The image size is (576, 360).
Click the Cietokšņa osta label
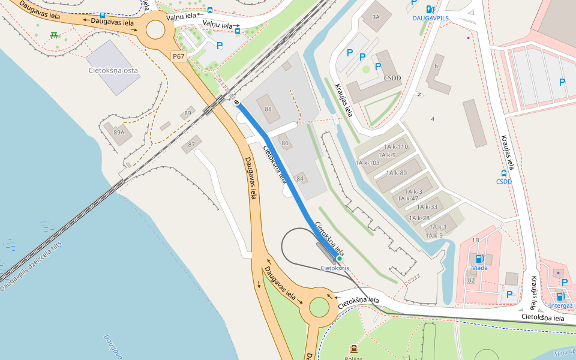[x=113, y=70]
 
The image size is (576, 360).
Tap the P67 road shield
[x=179, y=56]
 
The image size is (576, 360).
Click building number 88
[x=268, y=109]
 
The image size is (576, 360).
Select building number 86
[x=285, y=143]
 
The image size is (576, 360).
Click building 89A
[x=118, y=133]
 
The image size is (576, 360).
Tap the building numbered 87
[x=192, y=145]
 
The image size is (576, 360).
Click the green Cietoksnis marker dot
[x=339, y=259]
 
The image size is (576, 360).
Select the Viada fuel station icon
[x=479, y=259]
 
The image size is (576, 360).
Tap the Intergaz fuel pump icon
[x=560, y=296]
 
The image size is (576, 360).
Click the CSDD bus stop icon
[x=503, y=173]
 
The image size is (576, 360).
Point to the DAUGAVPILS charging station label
[x=430, y=19]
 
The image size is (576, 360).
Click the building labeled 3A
[x=376, y=17]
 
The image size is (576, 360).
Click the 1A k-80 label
[x=396, y=173]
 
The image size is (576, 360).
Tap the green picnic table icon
[x=54, y=35]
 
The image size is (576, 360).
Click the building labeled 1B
[x=476, y=240]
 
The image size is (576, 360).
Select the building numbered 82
[x=471, y=280]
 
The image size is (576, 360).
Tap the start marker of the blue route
[x=238, y=101]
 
